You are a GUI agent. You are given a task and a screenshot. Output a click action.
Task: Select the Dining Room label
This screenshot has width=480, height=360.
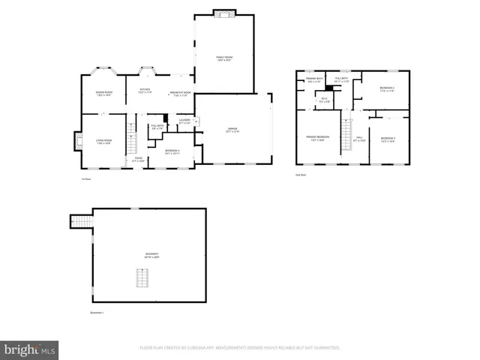[103, 94]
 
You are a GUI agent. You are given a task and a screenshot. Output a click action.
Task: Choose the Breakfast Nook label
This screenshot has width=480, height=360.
[181, 94]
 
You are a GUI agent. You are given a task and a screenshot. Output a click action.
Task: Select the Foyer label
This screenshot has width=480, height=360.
[139, 158]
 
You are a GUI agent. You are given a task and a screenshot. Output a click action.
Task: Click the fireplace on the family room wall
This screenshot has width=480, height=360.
[224, 13]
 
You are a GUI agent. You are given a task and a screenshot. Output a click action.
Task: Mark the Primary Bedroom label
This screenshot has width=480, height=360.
[317, 138]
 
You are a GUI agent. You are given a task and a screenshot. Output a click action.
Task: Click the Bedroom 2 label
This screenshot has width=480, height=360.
[387, 89]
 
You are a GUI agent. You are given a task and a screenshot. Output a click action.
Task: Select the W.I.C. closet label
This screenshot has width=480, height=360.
[324, 100]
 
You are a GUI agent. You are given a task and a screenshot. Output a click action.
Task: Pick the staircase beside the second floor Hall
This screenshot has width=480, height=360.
[346, 133]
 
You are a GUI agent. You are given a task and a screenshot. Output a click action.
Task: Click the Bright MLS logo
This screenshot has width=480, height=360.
[30, 349]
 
